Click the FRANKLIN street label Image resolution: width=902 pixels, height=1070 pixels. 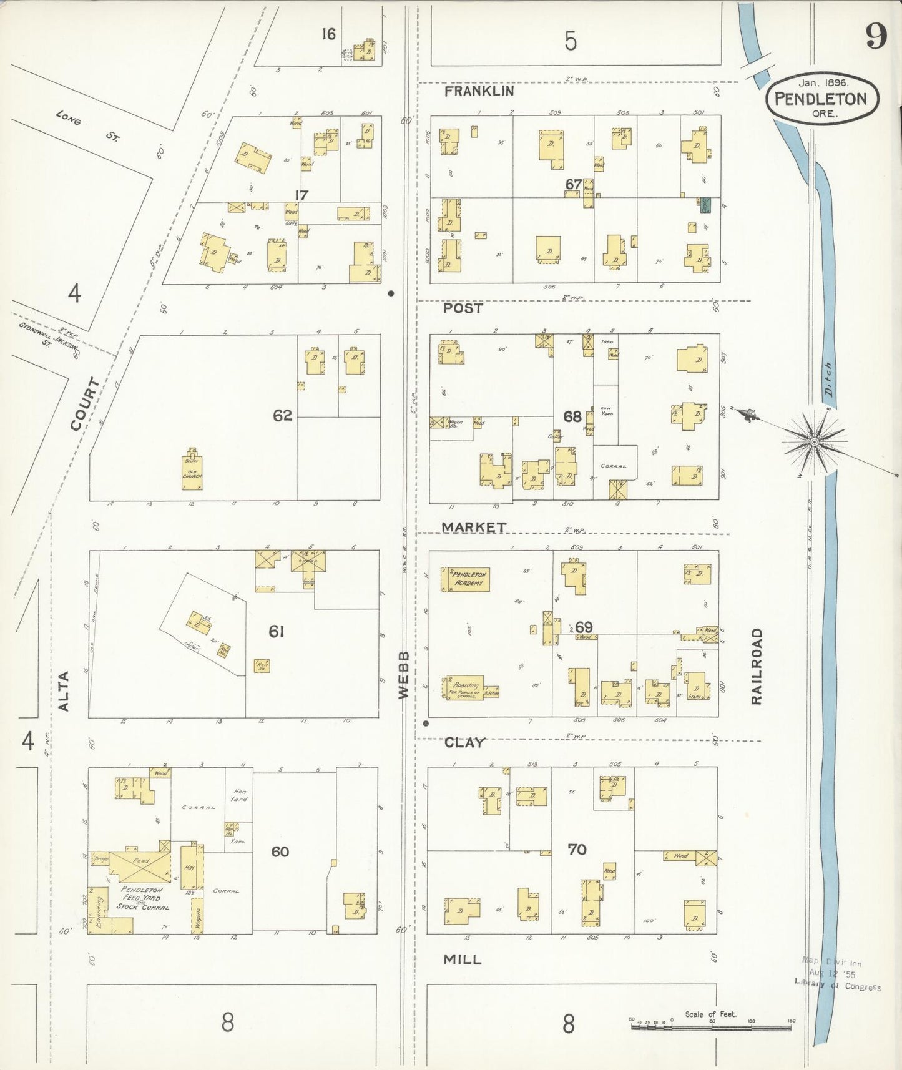tap(479, 91)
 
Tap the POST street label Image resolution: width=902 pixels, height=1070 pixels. tap(463, 308)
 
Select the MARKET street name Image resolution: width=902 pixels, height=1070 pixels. tap(474, 528)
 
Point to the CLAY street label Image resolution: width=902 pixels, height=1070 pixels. tap(464, 742)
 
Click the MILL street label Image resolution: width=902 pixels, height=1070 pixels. tap(462, 960)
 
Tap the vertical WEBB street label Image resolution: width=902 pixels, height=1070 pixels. tap(404, 674)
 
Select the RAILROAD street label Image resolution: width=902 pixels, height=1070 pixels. tap(757, 666)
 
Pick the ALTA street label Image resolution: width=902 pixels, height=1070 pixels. tap(63, 691)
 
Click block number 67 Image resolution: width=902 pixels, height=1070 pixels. tap(574, 184)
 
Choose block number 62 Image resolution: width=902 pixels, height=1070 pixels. tap(282, 415)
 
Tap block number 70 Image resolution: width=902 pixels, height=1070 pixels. tap(577, 849)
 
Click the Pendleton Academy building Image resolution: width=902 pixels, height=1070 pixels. tap(466, 579)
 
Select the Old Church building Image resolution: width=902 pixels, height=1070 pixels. tap(192, 471)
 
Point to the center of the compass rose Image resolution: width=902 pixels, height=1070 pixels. tap(814, 442)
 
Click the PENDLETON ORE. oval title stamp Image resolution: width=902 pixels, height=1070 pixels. tap(821, 99)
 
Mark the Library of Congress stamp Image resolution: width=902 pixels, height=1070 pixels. tap(837, 974)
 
